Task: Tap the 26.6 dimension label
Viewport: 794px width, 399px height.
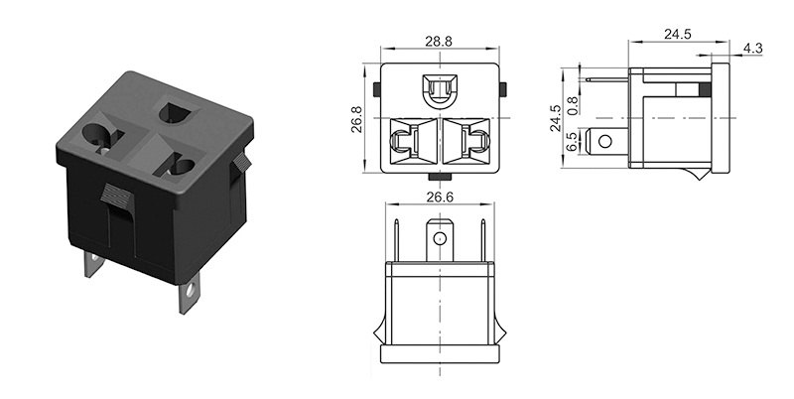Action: click(439, 197)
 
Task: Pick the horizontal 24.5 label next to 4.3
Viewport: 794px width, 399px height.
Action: click(677, 34)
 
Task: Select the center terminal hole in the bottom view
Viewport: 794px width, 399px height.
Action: click(438, 238)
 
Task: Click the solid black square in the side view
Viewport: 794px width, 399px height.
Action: click(705, 91)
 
